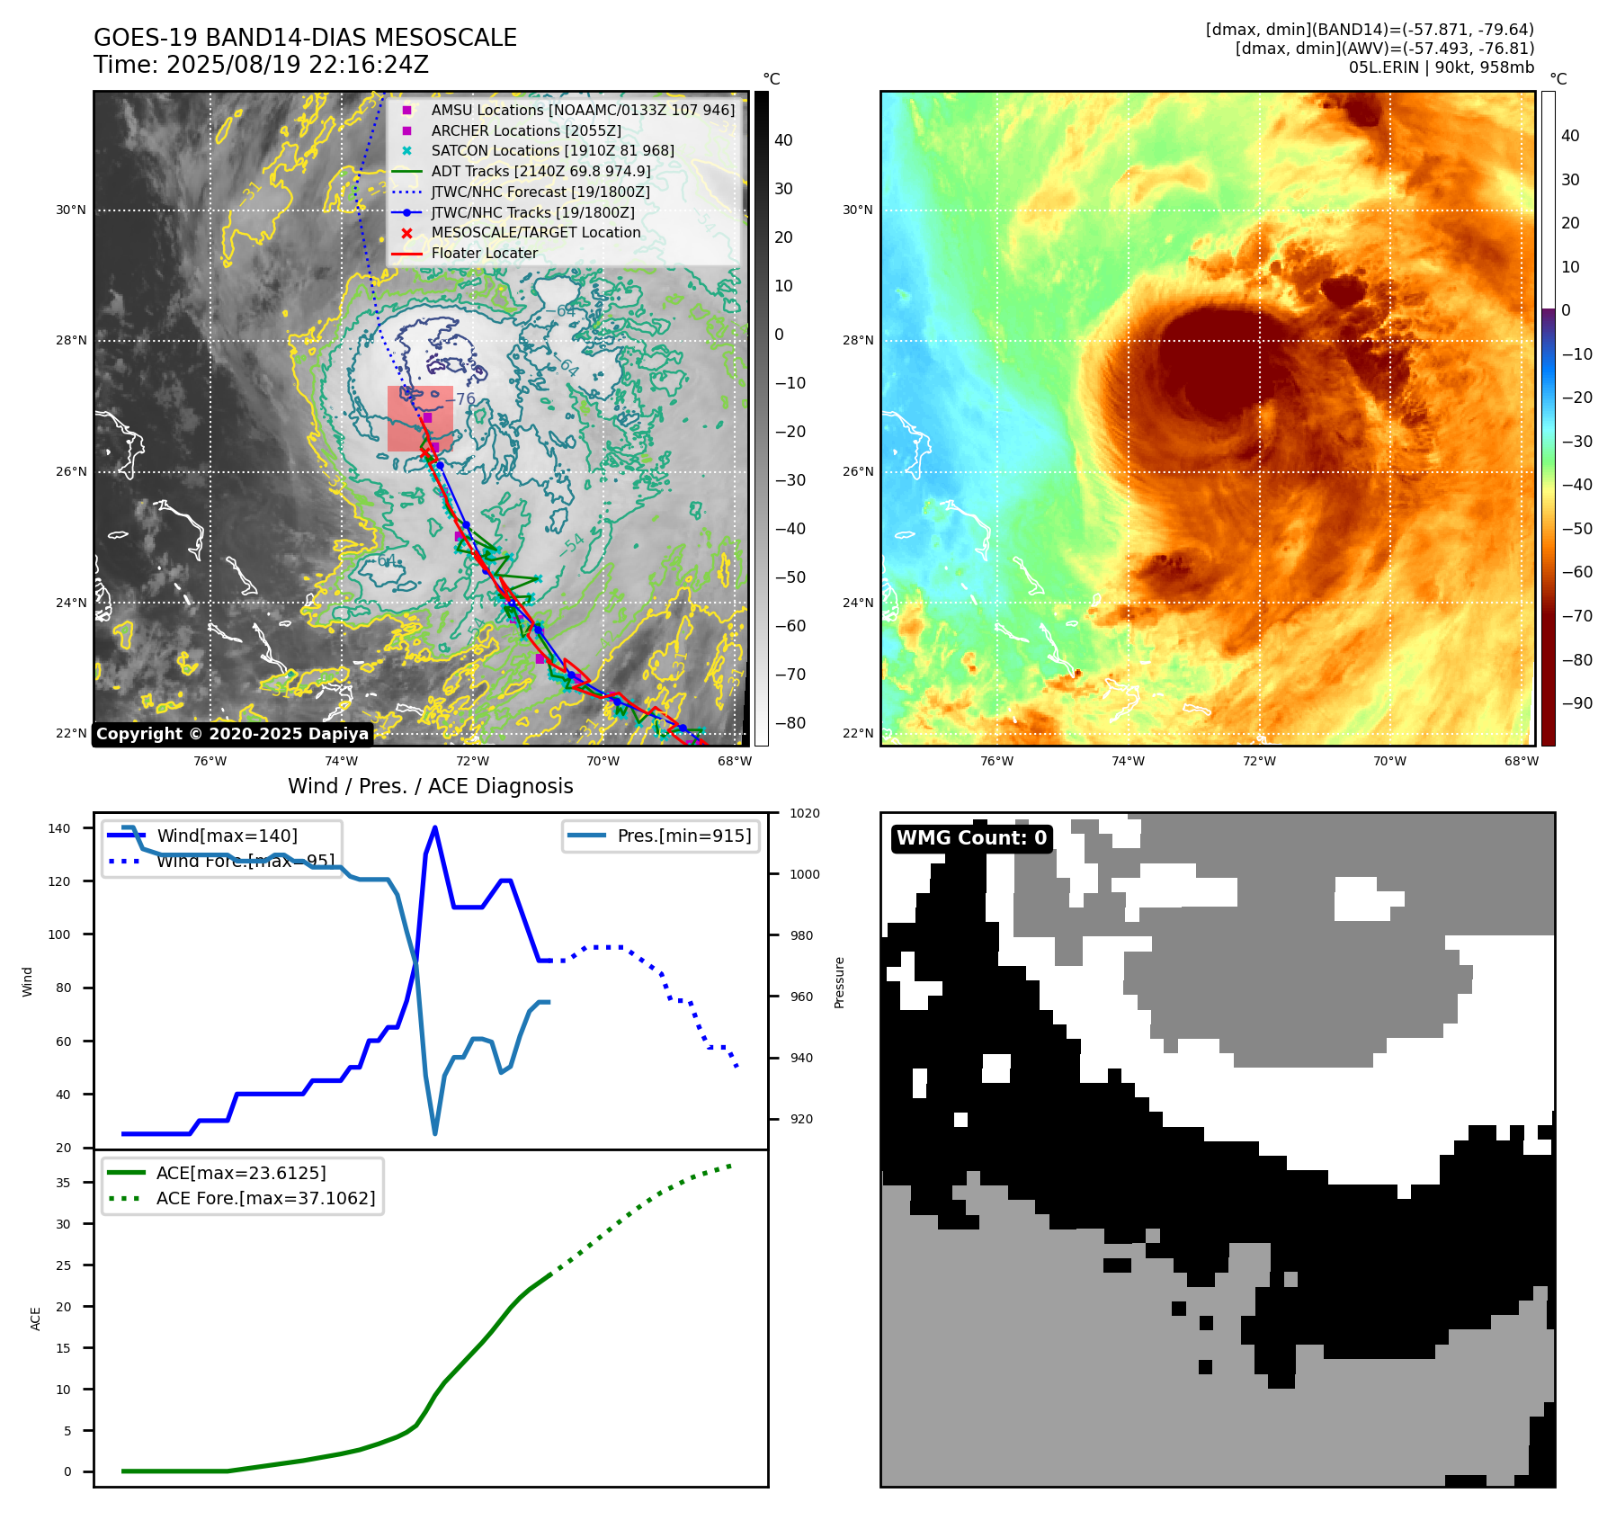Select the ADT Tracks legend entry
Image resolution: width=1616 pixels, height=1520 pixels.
(x=540, y=171)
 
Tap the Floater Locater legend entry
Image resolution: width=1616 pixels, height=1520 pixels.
(x=484, y=253)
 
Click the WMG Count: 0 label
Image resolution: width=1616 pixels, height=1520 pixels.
(x=971, y=838)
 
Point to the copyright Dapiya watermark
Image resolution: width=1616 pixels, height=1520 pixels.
(x=232, y=734)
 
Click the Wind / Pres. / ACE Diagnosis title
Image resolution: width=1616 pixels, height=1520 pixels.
(x=430, y=786)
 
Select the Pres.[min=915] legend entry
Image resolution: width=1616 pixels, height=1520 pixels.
(x=683, y=836)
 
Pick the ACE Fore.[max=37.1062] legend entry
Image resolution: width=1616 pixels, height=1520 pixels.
(x=265, y=1198)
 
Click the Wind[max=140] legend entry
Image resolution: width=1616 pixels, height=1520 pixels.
(x=227, y=836)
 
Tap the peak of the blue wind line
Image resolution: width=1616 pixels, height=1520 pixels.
(x=435, y=827)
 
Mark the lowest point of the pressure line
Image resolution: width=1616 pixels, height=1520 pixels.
(x=435, y=1133)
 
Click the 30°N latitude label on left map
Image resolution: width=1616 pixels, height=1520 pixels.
(x=71, y=210)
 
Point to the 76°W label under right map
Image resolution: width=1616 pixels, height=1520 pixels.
(x=996, y=761)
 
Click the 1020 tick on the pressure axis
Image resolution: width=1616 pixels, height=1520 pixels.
(x=804, y=813)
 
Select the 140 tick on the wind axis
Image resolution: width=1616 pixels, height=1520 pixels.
(x=59, y=828)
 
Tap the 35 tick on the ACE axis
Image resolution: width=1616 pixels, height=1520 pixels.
(x=63, y=1183)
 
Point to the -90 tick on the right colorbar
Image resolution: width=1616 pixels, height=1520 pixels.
(x=1576, y=703)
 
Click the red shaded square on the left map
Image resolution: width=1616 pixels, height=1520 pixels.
(x=420, y=418)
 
